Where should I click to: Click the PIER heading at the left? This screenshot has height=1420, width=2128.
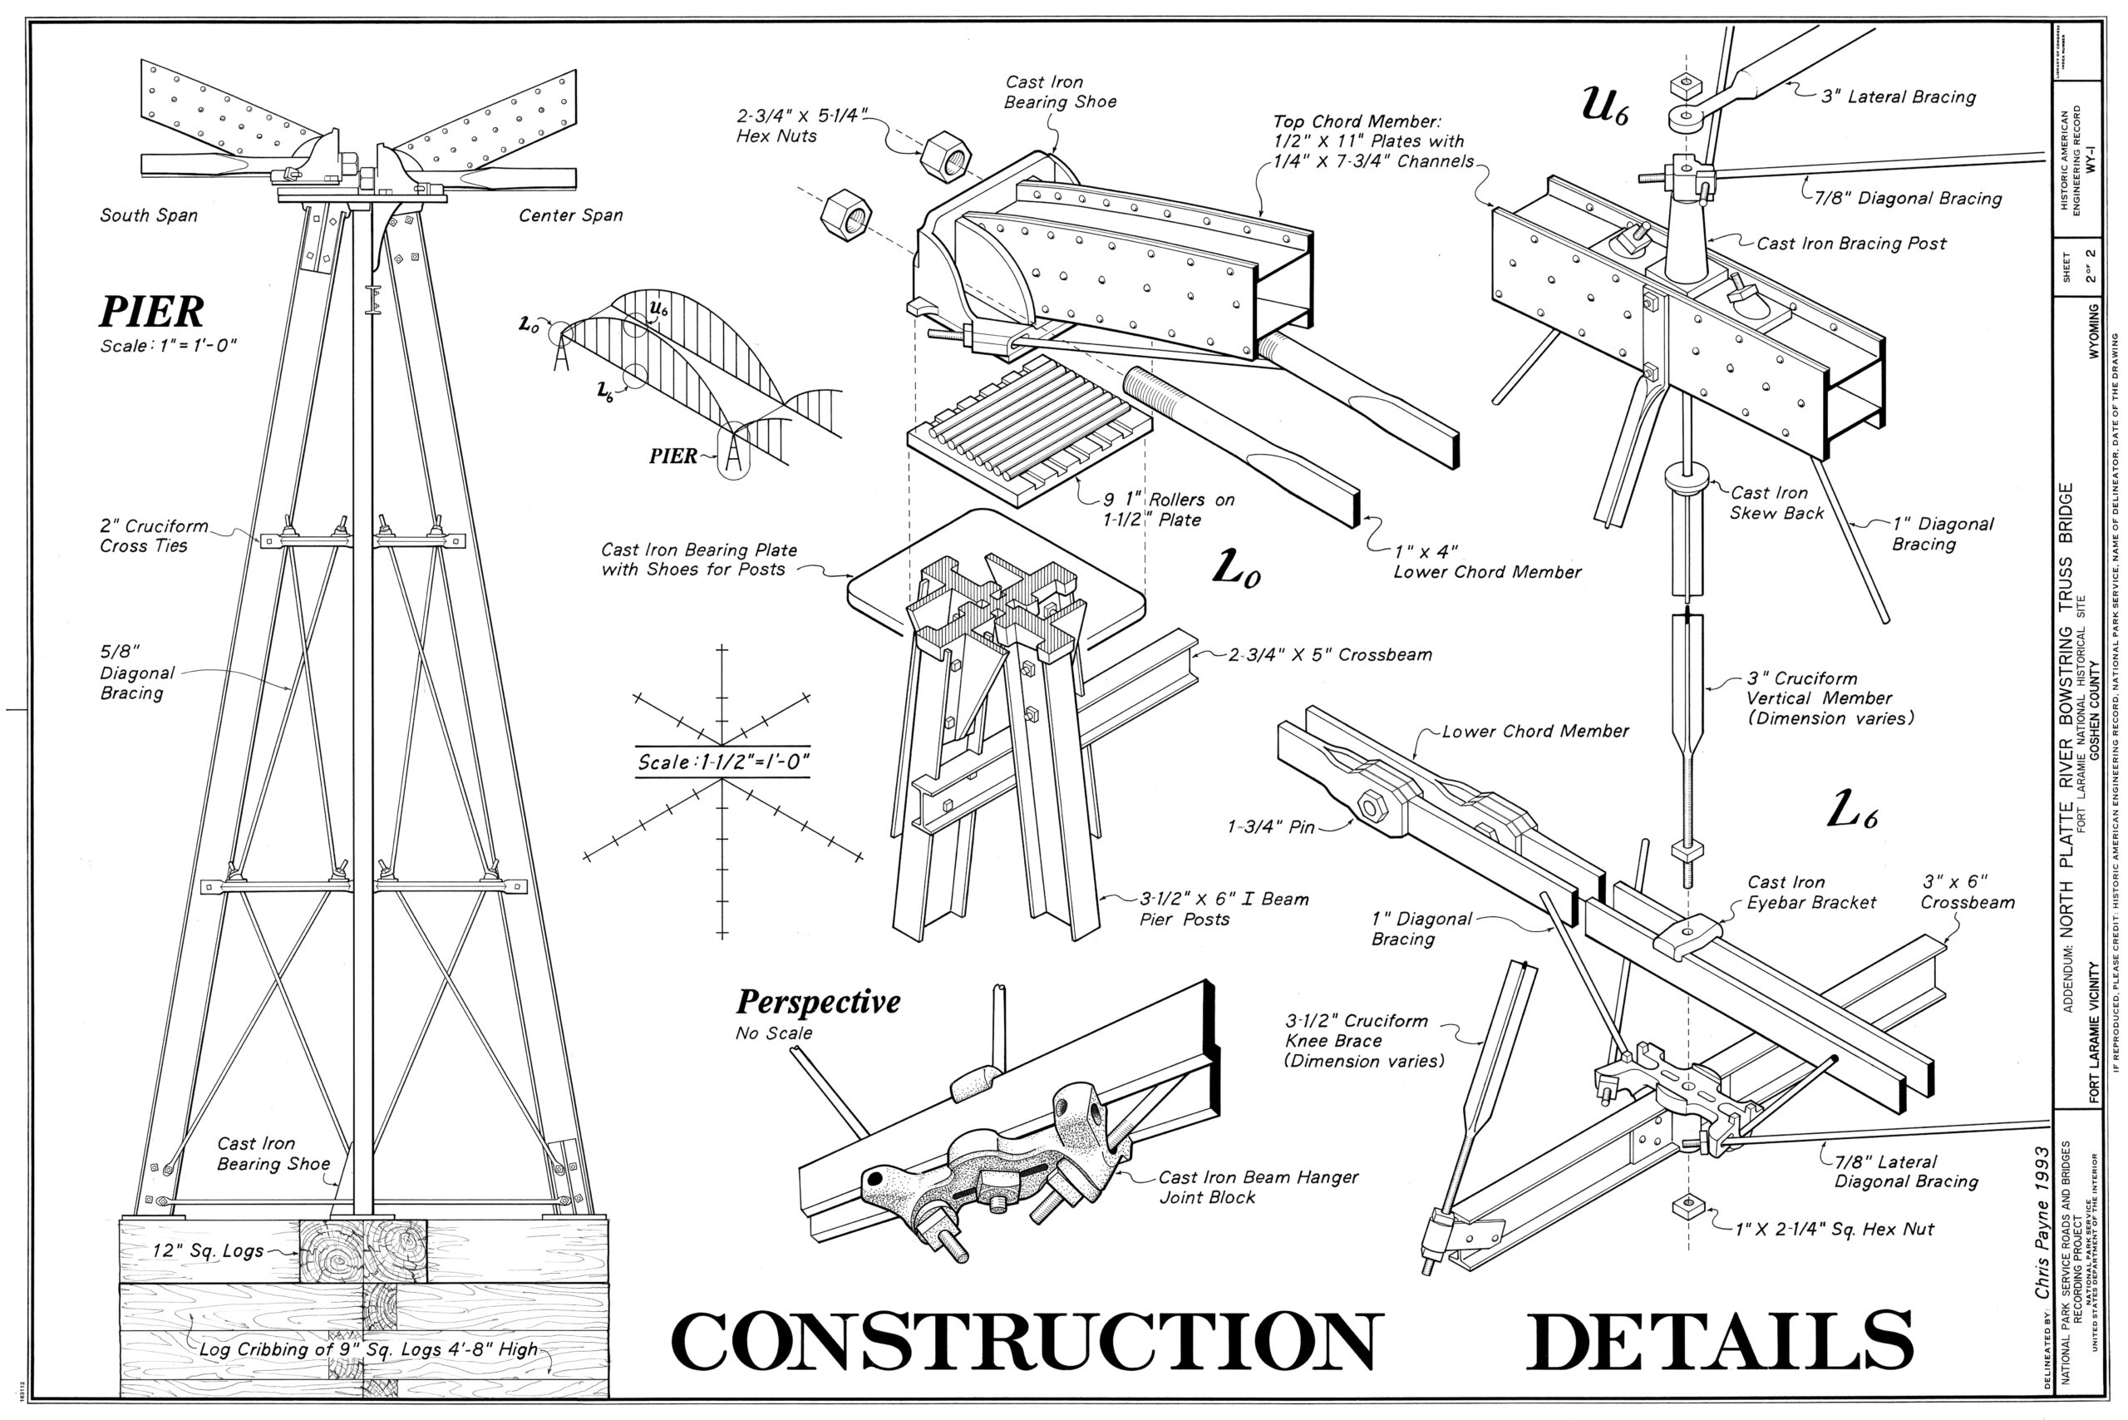point(151,312)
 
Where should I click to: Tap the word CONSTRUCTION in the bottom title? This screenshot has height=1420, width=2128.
point(1027,1341)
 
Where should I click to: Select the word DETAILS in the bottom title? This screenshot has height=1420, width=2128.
point(1720,1341)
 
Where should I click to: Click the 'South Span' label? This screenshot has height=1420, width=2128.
point(149,215)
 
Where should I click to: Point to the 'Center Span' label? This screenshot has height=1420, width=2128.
point(570,215)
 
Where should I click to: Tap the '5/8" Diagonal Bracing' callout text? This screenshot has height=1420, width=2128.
point(135,673)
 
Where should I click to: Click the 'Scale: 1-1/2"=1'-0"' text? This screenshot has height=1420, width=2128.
point(722,762)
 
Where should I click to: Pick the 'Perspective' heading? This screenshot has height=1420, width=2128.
point(818,1003)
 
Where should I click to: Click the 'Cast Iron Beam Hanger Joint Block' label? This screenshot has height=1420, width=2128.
point(1258,1187)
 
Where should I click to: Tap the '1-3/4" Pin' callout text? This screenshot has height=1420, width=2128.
point(1270,827)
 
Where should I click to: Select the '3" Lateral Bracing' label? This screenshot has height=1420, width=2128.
point(1898,97)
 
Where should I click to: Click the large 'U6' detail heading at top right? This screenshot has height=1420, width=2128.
point(1603,105)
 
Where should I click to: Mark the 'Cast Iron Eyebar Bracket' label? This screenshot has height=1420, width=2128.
point(1811,892)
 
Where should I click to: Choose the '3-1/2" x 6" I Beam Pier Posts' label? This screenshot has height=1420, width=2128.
point(1223,910)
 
